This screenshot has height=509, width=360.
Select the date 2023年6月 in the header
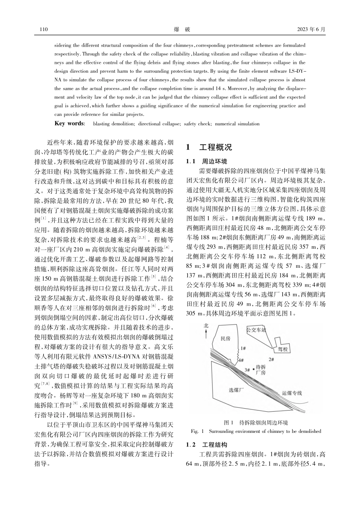311,29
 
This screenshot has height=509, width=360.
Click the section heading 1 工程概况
209,147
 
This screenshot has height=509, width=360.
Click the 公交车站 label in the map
256,329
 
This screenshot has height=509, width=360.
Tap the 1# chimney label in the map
243,347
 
